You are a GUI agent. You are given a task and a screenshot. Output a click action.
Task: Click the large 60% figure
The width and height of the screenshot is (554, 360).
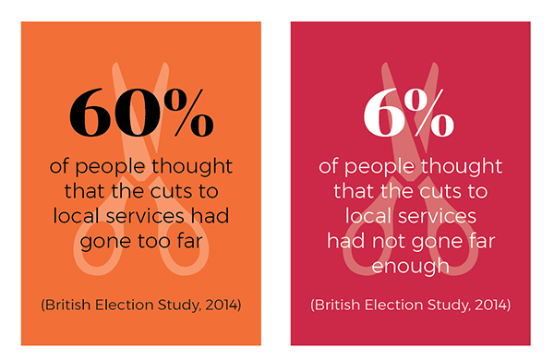[141, 113]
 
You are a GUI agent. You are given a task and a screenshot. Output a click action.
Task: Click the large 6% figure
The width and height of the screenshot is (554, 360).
[409, 113]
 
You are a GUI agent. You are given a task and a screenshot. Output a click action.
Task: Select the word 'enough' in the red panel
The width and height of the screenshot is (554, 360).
[410, 267]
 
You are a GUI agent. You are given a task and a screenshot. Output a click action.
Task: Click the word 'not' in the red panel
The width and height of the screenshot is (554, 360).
[390, 241]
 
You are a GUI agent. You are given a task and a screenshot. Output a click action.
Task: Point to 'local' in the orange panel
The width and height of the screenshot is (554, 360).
[75, 216]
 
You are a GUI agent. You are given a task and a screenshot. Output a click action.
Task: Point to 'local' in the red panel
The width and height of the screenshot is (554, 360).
[367, 216]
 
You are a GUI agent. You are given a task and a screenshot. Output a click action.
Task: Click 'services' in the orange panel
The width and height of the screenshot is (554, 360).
[145, 216]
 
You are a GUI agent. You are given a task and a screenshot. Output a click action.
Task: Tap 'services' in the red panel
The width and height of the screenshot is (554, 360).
[438, 216]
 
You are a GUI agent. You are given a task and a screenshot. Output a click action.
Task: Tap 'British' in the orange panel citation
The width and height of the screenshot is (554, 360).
[67, 305]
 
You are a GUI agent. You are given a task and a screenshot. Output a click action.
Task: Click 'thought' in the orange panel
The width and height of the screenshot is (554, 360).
[192, 167]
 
